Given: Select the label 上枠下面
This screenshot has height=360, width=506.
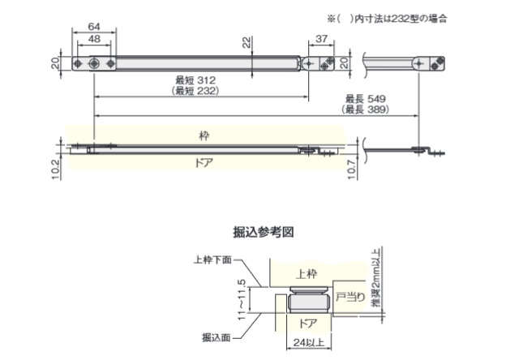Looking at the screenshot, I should click(212, 260).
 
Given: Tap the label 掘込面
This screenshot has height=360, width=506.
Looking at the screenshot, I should click(217, 336).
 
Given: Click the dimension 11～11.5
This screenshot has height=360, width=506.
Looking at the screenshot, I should click(242, 296).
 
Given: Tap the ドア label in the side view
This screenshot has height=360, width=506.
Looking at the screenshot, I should click(204, 161).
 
